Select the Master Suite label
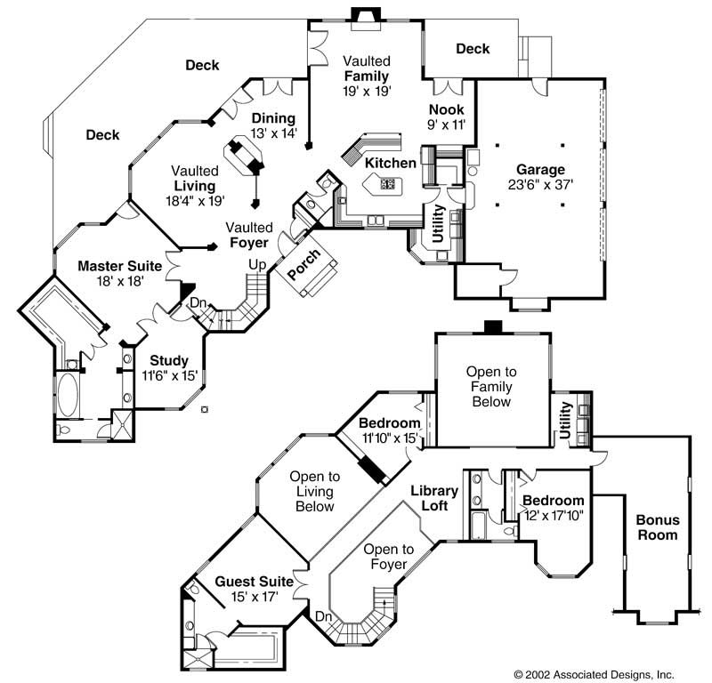click(119, 265)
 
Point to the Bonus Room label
click(657, 527)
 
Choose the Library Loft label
click(434, 498)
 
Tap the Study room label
click(168, 360)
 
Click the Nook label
click(447, 109)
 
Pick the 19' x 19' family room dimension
click(368, 91)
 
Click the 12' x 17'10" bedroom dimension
click(553, 516)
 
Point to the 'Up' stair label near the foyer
click(257, 265)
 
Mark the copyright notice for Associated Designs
click(594, 674)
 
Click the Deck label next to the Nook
click(473, 49)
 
